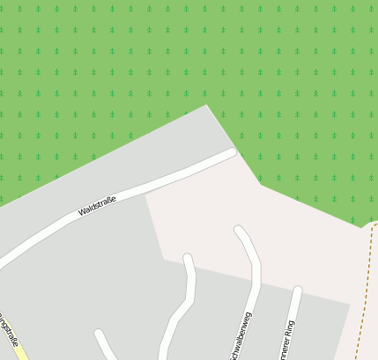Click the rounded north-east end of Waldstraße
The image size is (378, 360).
click(x=231, y=153)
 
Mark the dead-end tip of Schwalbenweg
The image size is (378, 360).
click(x=239, y=231)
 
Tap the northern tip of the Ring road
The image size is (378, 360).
click(x=298, y=290)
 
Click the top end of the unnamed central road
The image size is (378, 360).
click(x=188, y=259)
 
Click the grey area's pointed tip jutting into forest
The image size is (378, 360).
click(x=207, y=106)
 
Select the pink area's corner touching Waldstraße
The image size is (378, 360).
click(x=145, y=195)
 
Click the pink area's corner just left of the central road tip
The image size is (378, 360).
click(x=164, y=259)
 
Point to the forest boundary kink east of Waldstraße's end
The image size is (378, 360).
click(x=261, y=185)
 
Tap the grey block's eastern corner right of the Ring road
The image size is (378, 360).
click(x=350, y=305)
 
